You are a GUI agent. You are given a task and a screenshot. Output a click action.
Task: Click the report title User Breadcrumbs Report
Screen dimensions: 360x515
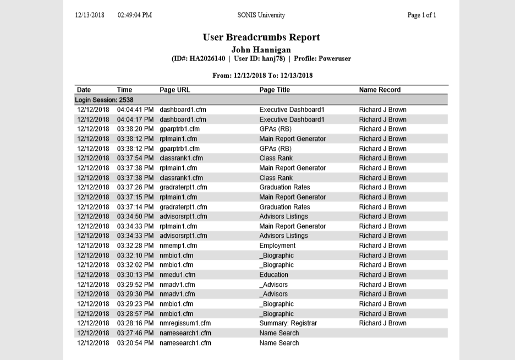pyautogui.click(x=261, y=37)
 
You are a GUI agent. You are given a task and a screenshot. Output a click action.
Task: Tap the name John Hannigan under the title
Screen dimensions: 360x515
pyautogui.click(x=261, y=50)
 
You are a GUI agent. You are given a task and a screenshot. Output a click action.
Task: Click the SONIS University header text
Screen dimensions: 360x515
pyautogui.click(x=261, y=15)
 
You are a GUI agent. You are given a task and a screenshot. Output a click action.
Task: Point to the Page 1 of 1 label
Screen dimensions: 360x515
pyautogui.click(x=421, y=15)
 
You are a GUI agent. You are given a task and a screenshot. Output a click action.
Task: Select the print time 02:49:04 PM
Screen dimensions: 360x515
pyautogui.click(x=135, y=15)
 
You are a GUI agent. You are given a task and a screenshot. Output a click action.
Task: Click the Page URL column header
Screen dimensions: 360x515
pyautogui.click(x=175, y=90)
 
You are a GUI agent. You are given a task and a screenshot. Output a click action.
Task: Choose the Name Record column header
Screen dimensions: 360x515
pyautogui.click(x=380, y=90)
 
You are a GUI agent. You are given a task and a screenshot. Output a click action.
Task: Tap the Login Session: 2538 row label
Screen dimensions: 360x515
pyautogui.click(x=104, y=100)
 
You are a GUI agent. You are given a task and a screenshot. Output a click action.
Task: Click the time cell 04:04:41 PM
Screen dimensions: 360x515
pyautogui.click(x=135, y=110)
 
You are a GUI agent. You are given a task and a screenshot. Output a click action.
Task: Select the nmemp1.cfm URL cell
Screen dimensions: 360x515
pyautogui.click(x=178, y=246)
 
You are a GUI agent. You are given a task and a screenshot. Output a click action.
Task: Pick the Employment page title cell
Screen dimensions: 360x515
pyautogui.click(x=277, y=246)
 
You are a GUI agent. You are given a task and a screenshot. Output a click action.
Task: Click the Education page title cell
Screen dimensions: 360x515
pyautogui.click(x=273, y=275)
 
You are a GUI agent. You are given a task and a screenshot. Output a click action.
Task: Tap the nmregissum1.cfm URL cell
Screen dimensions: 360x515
pyautogui.click(x=185, y=323)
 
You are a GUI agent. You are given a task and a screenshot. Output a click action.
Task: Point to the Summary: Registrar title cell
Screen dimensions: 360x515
pyautogui.click(x=288, y=323)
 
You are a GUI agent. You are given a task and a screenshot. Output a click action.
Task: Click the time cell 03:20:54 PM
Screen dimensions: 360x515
pyautogui.click(x=135, y=343)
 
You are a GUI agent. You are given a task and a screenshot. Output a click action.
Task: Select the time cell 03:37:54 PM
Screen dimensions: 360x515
pyautogui.click(x=135, y=159)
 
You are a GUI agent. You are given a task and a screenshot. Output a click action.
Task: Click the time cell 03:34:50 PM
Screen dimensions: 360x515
pyautogui.click(x=135, y=216)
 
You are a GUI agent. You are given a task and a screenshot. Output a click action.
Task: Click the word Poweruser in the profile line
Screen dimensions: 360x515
pyautogui.click(x=335, y=59)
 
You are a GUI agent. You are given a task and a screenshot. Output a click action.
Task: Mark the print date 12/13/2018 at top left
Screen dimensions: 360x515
pyautogui.click(x=90, y=15)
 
